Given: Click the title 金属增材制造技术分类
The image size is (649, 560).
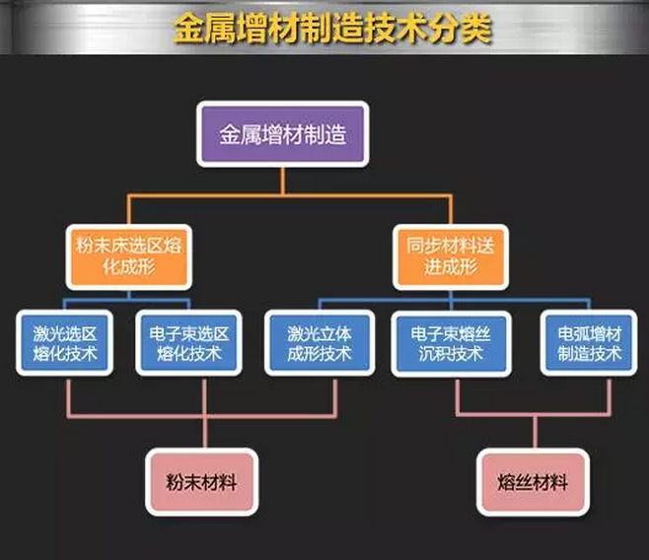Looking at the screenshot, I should click(332, 28).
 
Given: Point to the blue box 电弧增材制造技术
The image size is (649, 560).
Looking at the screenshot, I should click(585, 343).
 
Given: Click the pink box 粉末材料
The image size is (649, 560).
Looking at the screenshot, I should click(201, 483).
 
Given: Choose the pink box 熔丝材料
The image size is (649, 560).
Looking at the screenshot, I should click(535, 483).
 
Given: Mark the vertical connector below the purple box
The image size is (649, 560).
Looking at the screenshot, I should click(284, 179).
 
